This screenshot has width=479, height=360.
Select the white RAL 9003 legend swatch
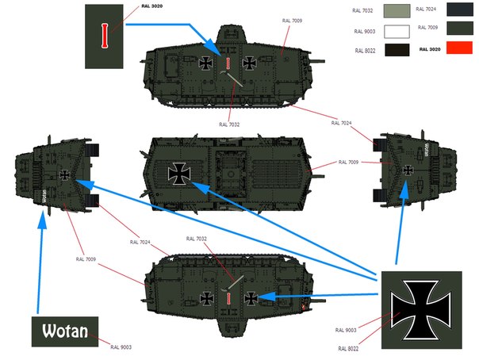click(x=396, y=32)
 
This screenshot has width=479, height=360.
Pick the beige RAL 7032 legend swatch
click(x=396, y=11)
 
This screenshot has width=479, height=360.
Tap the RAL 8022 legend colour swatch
click(x=396, y=50)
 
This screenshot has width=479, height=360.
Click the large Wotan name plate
click(x=64, y=330)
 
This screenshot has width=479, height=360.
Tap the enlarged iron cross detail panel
click(x=419, y=308)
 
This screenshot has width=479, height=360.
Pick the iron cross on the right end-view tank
click(x=407, y=170)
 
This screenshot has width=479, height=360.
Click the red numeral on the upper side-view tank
click(x=228, y=63)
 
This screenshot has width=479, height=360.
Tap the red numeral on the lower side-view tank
click(x=228, y=297)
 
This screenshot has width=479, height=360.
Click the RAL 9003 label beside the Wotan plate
click(x=121, y=347)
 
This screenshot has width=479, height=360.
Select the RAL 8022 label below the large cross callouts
click(x=347, y=348)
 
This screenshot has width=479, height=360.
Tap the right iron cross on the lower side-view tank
click(x=251, y=297)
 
